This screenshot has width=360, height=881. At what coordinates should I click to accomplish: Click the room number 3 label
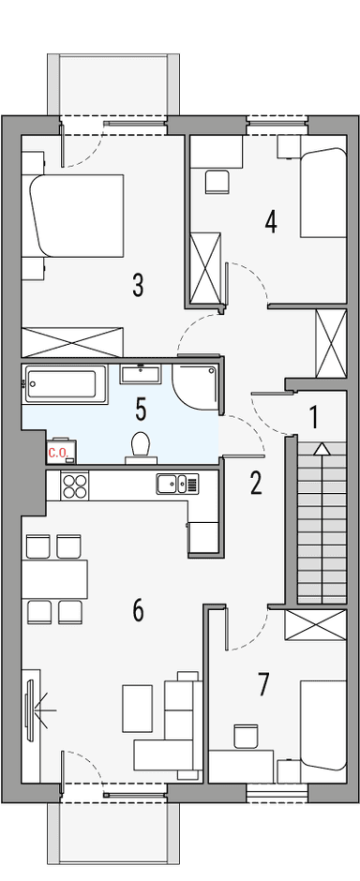pos(138,285)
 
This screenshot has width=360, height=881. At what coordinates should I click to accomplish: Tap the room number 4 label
pos(271,222)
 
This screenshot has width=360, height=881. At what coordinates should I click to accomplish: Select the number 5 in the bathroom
pos(141,409)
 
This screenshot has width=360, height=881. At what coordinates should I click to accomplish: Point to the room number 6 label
pos(138,611)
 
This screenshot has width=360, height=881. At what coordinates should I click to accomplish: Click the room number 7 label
pos(263,685)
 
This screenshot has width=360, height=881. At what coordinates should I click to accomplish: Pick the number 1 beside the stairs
pos(314,414)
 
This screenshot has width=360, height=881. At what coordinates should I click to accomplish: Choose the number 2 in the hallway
pos(255,483)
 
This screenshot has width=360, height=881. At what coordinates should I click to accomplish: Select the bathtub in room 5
pos(63,384)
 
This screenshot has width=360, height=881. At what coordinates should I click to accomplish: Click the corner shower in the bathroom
pos(194,384)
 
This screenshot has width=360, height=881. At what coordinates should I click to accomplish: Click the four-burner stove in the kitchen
pos(74,485)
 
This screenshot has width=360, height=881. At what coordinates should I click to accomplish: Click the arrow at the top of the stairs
pos(322,448)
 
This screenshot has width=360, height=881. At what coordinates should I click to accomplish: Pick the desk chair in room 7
pos(246,736)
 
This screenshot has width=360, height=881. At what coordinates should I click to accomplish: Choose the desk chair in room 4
pos(217,181)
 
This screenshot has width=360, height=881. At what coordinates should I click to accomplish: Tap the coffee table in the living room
pos(137,709)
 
